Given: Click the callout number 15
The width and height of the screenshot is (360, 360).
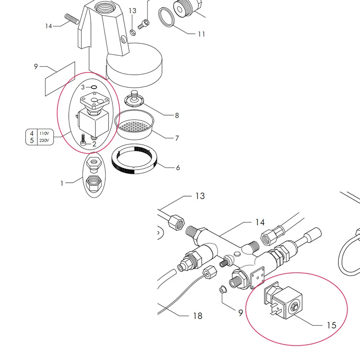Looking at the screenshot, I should tap(331, 325).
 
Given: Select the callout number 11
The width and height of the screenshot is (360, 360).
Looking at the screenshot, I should tap(201, 34).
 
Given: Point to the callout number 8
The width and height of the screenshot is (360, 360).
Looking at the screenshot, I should tap(176, 116).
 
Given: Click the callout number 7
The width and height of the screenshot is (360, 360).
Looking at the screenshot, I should tap(176, 137).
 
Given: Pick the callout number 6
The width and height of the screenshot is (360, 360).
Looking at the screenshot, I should tap(178, 168).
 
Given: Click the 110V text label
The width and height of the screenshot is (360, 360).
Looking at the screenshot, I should tap(43, 134).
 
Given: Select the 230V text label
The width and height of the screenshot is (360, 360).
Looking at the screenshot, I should tap(43, 140).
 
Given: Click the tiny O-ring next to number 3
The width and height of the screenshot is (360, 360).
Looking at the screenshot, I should tap(94, 87).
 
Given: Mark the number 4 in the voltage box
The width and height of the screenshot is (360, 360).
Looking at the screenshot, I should tap(31, 134).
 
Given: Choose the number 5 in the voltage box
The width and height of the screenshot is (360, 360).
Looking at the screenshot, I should tap(31, 140).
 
